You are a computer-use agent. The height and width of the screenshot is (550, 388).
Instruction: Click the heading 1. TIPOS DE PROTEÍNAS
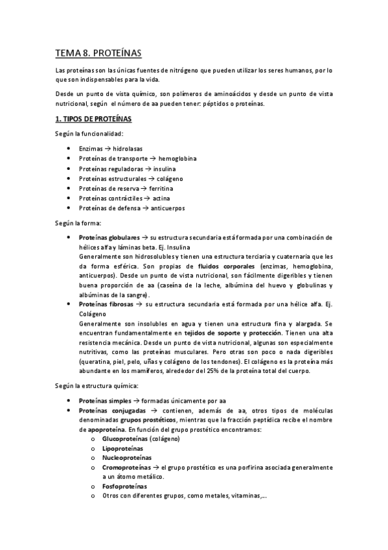coord(93,120)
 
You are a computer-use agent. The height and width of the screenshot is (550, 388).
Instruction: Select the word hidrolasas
coord(128,149)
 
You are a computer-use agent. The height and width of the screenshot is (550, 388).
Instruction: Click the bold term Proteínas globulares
coord(109,237)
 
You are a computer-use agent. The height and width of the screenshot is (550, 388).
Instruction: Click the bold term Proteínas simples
coord(103,401)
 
